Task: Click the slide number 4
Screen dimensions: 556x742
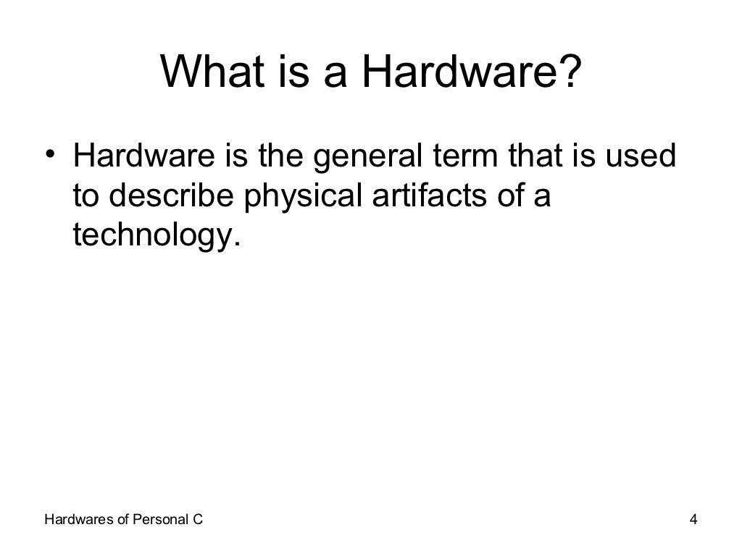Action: pyautogui.click(x=693, y=519)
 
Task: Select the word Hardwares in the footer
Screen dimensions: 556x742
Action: pyautogui.click(x=76, y=519)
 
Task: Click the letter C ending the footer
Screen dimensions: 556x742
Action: pyautogui.click(x=198, y=519)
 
